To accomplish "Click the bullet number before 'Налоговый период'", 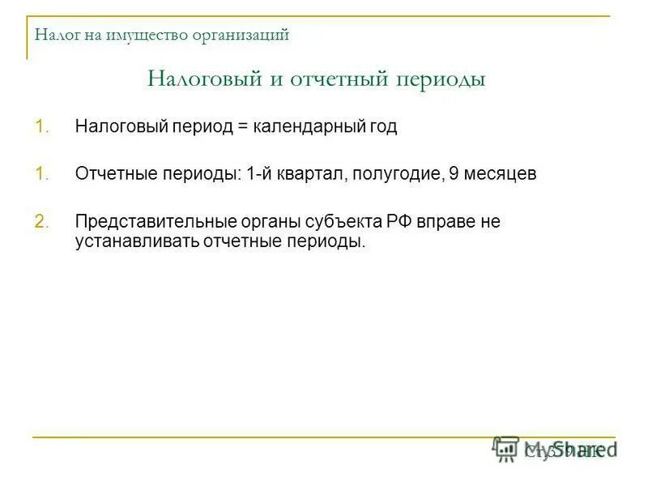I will tap(42, 128).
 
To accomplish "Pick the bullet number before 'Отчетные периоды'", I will tap(42, 175).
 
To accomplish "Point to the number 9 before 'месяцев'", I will tap(454, 175).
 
